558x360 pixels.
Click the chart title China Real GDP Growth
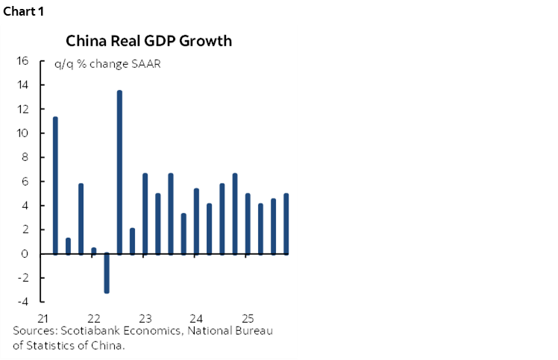tap(148, 41)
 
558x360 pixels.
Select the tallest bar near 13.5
tap(119, 172)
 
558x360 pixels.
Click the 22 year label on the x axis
tap(94, 315)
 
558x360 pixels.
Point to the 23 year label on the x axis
tap(145, 315)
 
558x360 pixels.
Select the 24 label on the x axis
tap(197, 315)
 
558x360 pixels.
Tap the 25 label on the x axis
tap(248, 315)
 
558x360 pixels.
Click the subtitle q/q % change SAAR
tap(107, 63)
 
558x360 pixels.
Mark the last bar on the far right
tap(286, 224)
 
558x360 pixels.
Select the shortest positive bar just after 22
tap(94, 250)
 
